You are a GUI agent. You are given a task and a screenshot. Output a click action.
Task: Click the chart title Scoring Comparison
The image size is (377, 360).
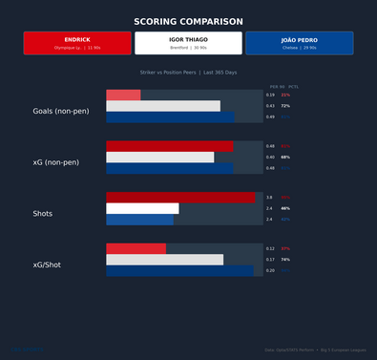(188, 21)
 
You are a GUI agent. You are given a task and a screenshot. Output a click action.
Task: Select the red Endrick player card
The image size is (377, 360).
(77, 43)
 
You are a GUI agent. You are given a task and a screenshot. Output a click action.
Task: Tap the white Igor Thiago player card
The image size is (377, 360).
(188, 43)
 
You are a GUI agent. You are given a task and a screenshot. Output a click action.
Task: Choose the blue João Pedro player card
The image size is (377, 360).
(299, 43)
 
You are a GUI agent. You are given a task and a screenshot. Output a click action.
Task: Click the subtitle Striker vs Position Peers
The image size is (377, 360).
(188, 73)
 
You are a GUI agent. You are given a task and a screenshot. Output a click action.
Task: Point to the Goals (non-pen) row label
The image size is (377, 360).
(56, 112)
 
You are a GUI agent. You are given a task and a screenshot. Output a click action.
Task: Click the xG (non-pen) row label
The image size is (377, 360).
(56, 162)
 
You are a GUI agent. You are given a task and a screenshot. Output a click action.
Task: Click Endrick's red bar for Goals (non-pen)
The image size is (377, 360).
(123, 95)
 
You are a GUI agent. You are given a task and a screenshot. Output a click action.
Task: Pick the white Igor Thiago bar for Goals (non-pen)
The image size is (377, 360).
(162, 106)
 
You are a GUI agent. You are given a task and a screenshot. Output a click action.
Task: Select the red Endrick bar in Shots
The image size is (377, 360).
(180, 198)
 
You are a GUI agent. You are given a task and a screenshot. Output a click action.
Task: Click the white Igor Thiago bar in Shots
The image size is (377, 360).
(142, 208)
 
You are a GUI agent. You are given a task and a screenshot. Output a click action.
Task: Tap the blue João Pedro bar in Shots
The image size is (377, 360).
(139, 220)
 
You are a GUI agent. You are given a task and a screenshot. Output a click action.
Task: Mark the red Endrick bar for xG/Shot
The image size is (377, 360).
(136, 248)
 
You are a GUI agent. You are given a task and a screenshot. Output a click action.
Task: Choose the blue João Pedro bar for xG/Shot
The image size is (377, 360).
(180, 270)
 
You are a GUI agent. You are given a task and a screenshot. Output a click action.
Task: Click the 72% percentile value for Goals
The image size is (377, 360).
(285, 106)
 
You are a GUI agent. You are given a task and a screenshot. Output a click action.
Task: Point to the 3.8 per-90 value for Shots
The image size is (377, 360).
(269, 198)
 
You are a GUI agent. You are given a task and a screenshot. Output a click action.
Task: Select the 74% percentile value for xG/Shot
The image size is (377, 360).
(285, 260)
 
